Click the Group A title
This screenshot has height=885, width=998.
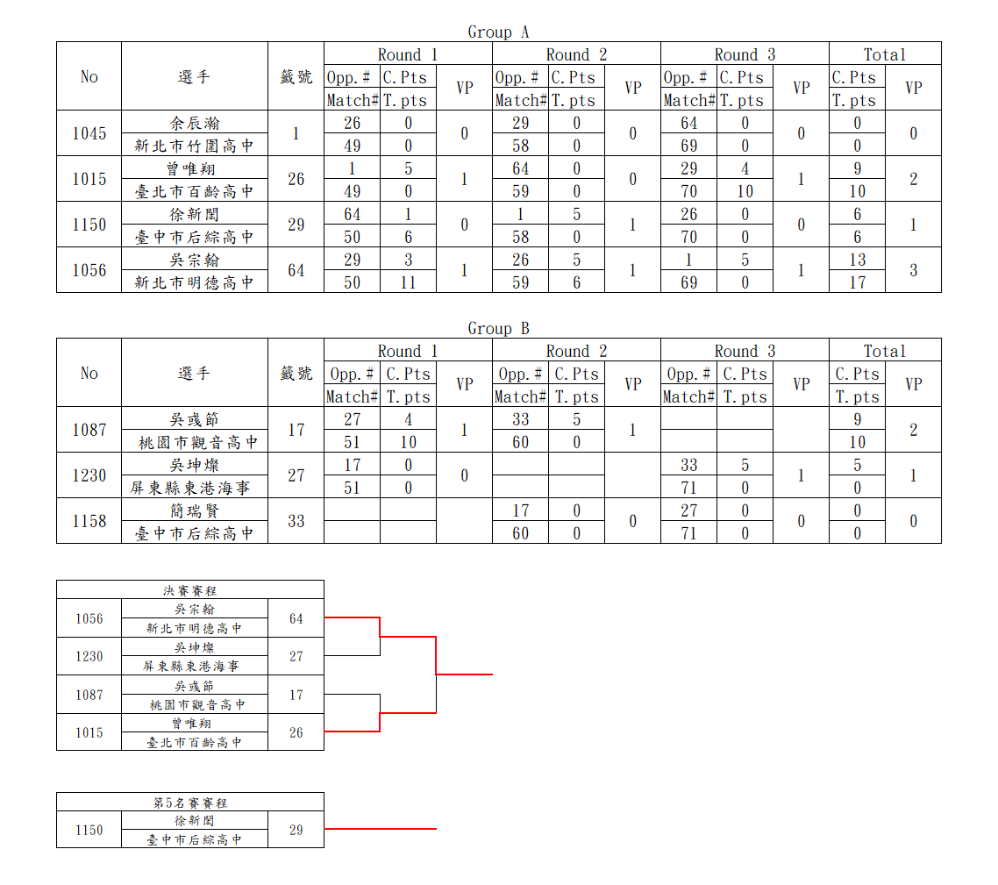[x=498, y=32]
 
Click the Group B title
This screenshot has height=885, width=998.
[x=498, y=329]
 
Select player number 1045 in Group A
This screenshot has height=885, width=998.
[x=89, y=133]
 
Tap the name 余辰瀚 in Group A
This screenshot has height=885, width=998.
[x=194, y=122]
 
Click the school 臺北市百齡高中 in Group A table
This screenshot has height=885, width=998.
[x=194, y=191]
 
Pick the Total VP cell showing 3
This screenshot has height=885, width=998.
[x=913, y=270]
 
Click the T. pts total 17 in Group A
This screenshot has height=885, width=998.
[x=858, y=282]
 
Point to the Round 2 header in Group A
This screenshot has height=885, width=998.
[x=577, y=54]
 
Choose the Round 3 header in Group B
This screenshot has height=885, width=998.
[x=745, y=351]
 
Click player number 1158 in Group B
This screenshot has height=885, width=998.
[x=89, y=521]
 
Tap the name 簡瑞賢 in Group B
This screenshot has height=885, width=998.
[x=194, y=510]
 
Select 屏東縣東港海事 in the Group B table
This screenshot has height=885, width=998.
[x=190, y=488]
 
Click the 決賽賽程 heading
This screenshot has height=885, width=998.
[x=189, y=590]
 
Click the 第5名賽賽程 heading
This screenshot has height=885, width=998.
[x=189, y=803]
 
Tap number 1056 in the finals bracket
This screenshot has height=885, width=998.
[x=89, y=618]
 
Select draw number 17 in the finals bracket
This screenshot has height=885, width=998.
[x=296, y=695]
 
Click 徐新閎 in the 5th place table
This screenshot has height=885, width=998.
[x=194, y=821]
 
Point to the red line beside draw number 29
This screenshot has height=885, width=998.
[x=381, y=828]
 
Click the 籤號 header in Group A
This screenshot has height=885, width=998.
[x=296, y=76]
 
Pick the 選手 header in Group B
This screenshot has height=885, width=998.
[x=194, y=373]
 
